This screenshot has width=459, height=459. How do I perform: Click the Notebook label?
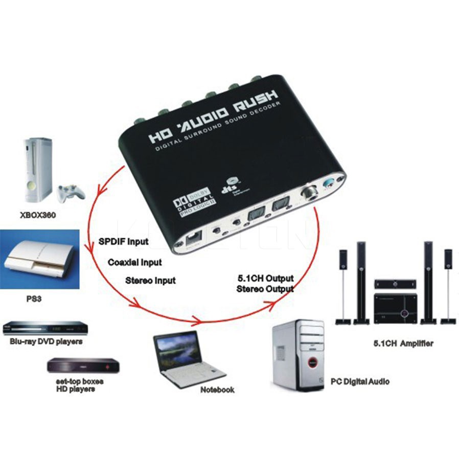click(x=217, y=390)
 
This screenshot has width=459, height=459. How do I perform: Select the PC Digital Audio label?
click(x=360, y=381)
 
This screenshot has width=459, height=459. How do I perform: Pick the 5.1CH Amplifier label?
click(x=403, y=343)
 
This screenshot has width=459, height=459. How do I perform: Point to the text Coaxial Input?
click(x=135, y=262)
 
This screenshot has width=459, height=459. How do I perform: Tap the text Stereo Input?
click(x=150, y=281)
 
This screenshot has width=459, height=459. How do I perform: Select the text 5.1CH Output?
click(x=265, y=279)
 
